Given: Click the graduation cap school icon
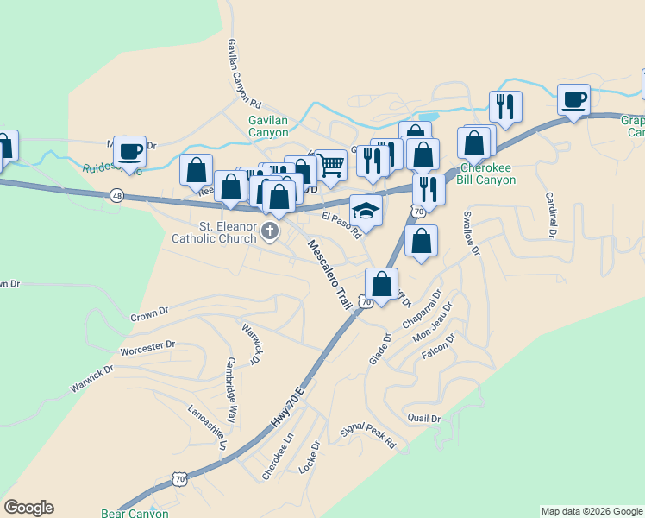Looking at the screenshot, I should (366, 211).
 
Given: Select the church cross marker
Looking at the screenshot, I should (271, 231).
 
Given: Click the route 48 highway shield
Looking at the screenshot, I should (117, 197).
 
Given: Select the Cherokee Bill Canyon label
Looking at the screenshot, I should (487, 174).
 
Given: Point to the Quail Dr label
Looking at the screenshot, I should (424, 419).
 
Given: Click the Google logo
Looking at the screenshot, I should (28, 508).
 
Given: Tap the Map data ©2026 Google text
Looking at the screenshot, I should (591, 511).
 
